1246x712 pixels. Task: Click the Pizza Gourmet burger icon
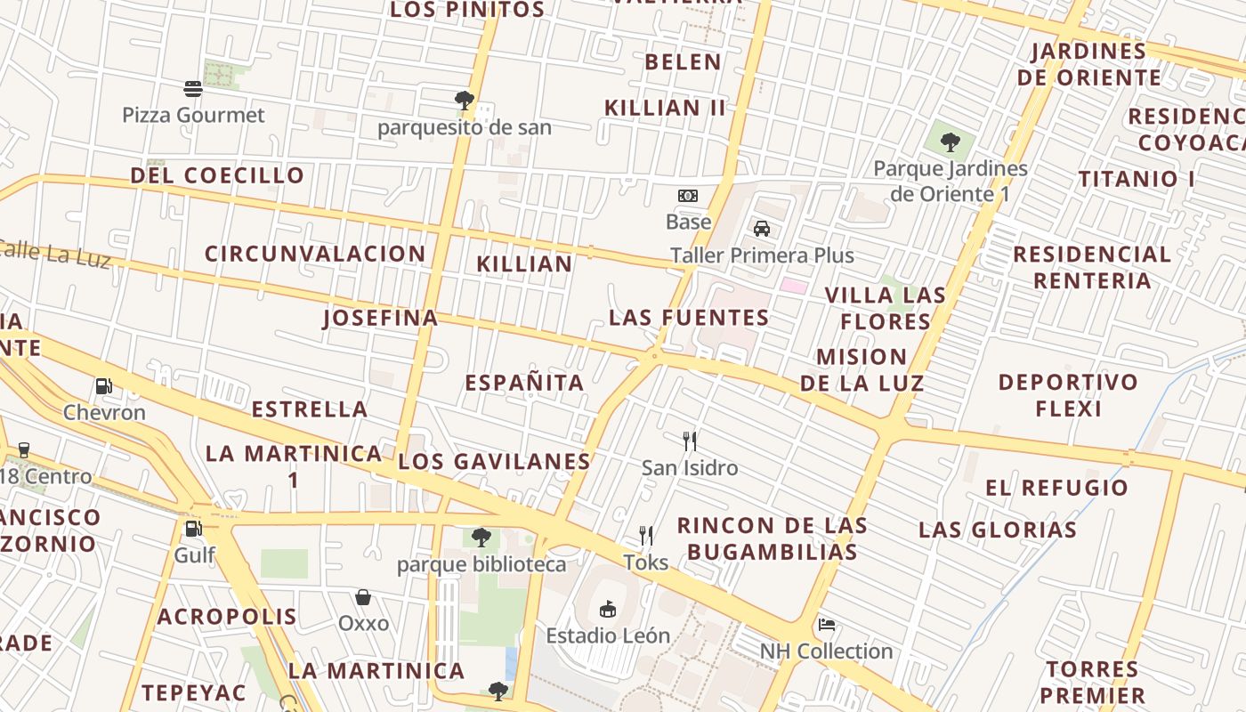[193, 88]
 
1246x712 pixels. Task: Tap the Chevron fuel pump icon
[103, 386]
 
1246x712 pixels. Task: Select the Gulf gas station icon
[192, 529]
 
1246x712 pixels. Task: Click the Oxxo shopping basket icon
[363, 596]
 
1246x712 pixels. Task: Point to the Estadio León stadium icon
[608, 609]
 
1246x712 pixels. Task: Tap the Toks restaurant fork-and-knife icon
[646, 536]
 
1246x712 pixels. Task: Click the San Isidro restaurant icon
[690, 441]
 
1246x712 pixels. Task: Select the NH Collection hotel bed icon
[826, 625]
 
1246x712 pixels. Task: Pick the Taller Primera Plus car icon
[762, 229]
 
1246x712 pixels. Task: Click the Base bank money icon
[688, 196]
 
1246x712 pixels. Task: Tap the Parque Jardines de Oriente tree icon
[951, 142]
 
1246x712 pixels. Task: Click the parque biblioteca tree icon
[481, 538]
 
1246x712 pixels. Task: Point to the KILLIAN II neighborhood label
[665, 108]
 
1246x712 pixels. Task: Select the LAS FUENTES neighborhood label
[689, 318]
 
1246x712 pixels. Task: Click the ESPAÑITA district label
[524, 383]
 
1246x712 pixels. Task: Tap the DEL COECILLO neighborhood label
[217, 175]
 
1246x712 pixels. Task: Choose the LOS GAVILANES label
[494, 461]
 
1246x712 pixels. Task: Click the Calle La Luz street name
[53, 253]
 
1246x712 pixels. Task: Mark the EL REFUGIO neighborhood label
[1056, 488]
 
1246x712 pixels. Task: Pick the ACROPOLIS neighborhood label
[227, 617]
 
